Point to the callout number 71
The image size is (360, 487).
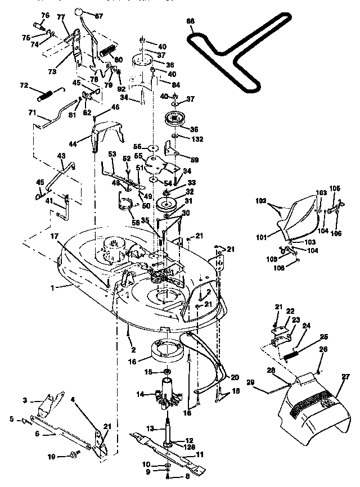tap(32, 113)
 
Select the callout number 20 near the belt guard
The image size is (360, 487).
tap(235, 377)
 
